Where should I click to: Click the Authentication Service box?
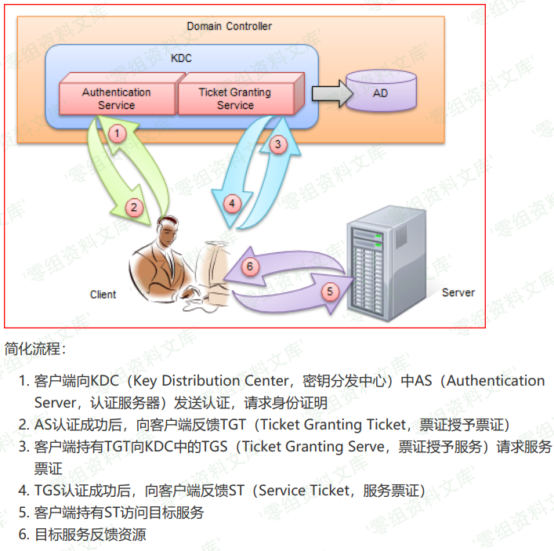pos(116,98)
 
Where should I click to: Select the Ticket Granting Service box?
pos(235,98)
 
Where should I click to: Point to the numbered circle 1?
pos(117,133)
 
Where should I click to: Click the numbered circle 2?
pos(135,207)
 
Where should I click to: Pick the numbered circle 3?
pos(276,143)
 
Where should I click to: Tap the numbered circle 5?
pos(329,291)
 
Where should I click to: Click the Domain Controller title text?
pos(229,27)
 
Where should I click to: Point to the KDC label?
pos(181,58)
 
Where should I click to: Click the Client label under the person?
pos(103,295)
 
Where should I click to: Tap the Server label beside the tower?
pos(458,292)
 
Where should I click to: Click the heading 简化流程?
pos(34,348)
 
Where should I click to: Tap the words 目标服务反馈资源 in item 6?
pos(90,535)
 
